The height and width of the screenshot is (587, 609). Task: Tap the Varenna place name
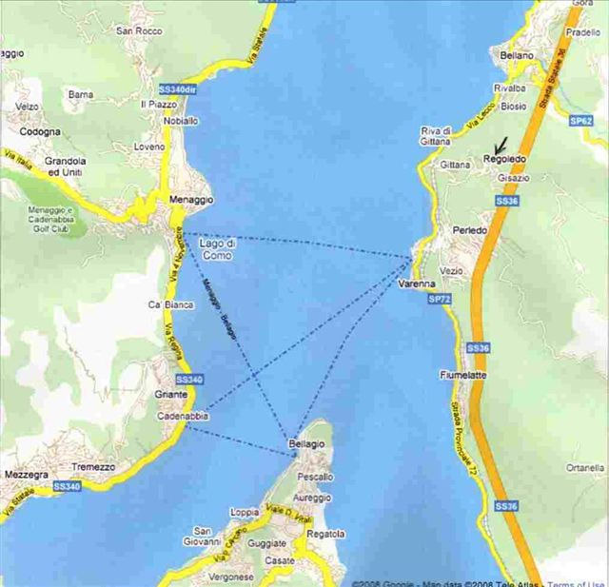point(417,284)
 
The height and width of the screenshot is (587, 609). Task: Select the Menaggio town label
point(190,200)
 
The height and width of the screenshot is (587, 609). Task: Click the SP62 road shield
point(581,121)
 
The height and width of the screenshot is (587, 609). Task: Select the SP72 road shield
point(441,299)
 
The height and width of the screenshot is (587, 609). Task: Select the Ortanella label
point(585,468)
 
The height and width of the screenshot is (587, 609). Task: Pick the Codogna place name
point(39,131)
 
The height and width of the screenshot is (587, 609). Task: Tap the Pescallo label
point(315,475)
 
